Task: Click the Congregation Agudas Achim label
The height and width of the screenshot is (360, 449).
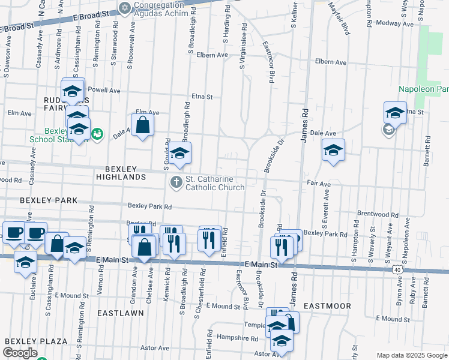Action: (x=161, y=11)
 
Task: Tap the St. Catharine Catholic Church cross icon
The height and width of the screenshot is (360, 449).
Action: (x=176, y=182)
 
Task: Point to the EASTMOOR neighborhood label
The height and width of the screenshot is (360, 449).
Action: (x=327, y=306)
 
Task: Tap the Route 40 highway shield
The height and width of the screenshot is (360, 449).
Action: (x=397, y=271)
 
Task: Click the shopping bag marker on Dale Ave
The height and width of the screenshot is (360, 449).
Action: (x=142, y=125)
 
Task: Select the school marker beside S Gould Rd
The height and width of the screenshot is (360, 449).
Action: (x=179, y=154)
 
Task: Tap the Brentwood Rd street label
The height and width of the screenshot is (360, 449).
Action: (x=378, y=214)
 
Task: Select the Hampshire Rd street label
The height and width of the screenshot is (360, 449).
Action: (x=237, y=338)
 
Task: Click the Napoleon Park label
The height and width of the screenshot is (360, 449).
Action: (x=423, y=89)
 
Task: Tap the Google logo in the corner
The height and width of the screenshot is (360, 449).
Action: (x=20, y=353)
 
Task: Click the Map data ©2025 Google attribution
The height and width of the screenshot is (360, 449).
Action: (x=411, y=355)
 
